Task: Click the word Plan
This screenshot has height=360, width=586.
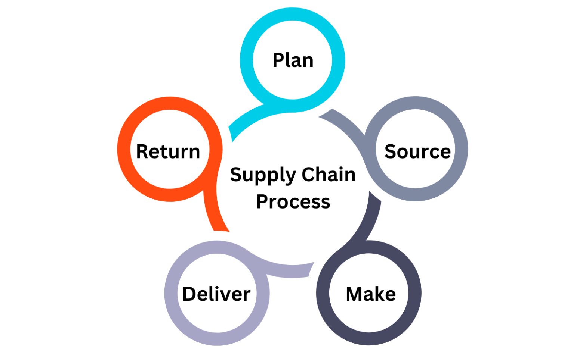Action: tap(293, 60)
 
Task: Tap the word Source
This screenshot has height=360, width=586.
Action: tap(417, 151)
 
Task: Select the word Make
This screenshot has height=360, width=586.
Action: tap(370, 294)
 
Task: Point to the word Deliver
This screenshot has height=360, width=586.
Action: tap(216, 294)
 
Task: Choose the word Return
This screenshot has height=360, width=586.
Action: tap(168, 151)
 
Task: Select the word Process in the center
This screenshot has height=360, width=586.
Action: tap(293, 201)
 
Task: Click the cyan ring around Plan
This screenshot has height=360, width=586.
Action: tap(247, 60)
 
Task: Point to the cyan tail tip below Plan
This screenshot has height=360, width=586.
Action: tap(232, 132)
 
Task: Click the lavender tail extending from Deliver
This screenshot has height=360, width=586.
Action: tap(292, 271)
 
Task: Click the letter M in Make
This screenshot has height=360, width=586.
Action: tap(354, 294)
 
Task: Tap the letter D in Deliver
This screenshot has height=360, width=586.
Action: tap(189, 294)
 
